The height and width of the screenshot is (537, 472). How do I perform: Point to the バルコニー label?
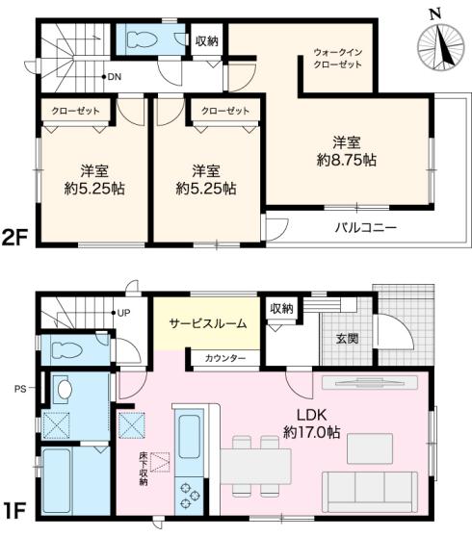pyautogui.click(x=366, y=228)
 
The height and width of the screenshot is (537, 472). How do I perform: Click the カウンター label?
pyautogui.click(x=224, y=358)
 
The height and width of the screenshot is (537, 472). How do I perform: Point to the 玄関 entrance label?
pyautogui.click(x=349, y=338)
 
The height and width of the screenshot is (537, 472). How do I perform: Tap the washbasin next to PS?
pyautogui.click(x=64, y=391)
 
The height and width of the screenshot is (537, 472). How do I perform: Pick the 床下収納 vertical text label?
pyautogui.click(x=144, y=468)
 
